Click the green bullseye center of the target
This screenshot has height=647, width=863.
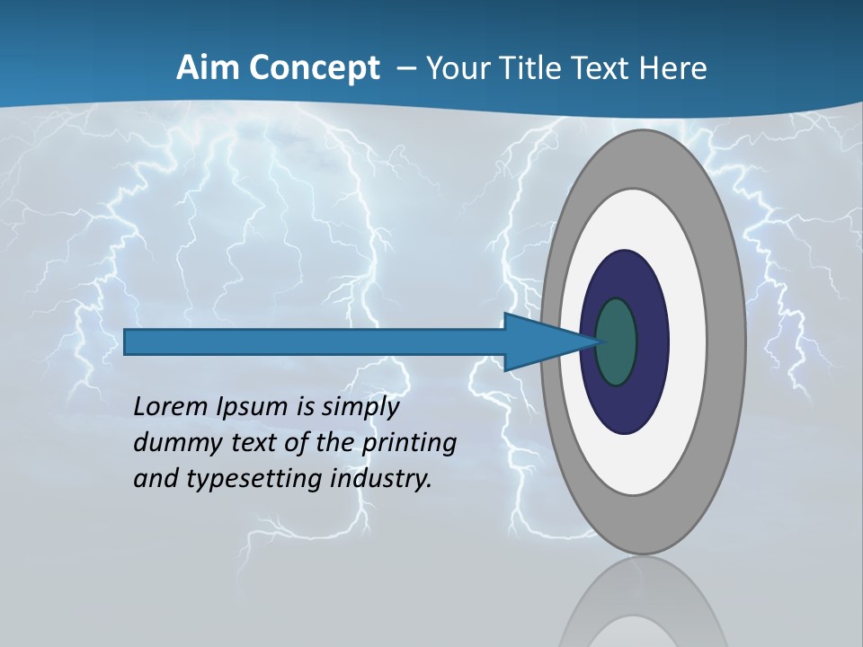coord(617,341)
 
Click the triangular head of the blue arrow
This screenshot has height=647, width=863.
coord(539,341)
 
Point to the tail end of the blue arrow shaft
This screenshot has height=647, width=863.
coord(130,341)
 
